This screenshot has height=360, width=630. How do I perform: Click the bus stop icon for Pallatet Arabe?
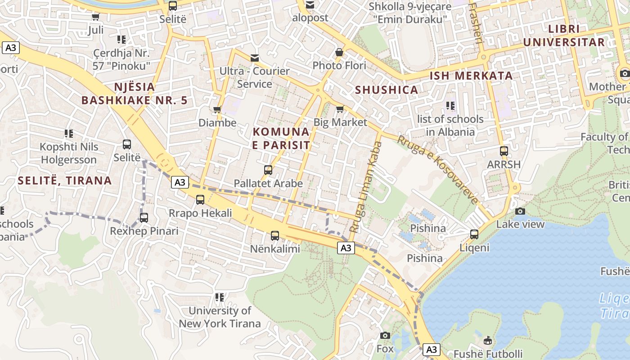pos(268,170)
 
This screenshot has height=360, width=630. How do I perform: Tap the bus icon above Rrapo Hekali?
pos(200,199)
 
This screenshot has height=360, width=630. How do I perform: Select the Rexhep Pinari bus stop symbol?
pos(144,218)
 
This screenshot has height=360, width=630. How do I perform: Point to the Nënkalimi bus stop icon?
pos(275,235)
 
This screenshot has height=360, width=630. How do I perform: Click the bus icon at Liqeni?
pos(474,234)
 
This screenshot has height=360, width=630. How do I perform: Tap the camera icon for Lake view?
pos(520,211)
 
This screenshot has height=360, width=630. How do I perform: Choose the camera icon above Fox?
pos(385,335)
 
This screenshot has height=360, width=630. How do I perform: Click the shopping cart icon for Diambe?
pos(217,109)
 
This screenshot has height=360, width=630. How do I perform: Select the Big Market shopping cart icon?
pos(340,109)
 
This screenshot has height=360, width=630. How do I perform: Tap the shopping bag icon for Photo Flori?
pos(339,52)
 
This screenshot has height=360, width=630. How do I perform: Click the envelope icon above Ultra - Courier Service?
pos(255,58)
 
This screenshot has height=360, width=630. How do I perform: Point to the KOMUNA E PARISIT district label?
pos(281,138)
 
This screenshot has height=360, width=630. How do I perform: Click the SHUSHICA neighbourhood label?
pos(387,90)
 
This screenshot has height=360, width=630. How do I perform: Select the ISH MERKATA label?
pos(471,76)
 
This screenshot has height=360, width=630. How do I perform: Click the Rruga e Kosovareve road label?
pos(436,170)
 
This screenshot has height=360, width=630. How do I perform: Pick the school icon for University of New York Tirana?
pos(220,297)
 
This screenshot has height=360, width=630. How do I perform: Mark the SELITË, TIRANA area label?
pos(65,180)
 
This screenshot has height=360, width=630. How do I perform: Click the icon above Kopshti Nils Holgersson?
pos(69,134)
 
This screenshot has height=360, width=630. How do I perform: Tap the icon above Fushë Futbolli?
pos(488,340)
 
